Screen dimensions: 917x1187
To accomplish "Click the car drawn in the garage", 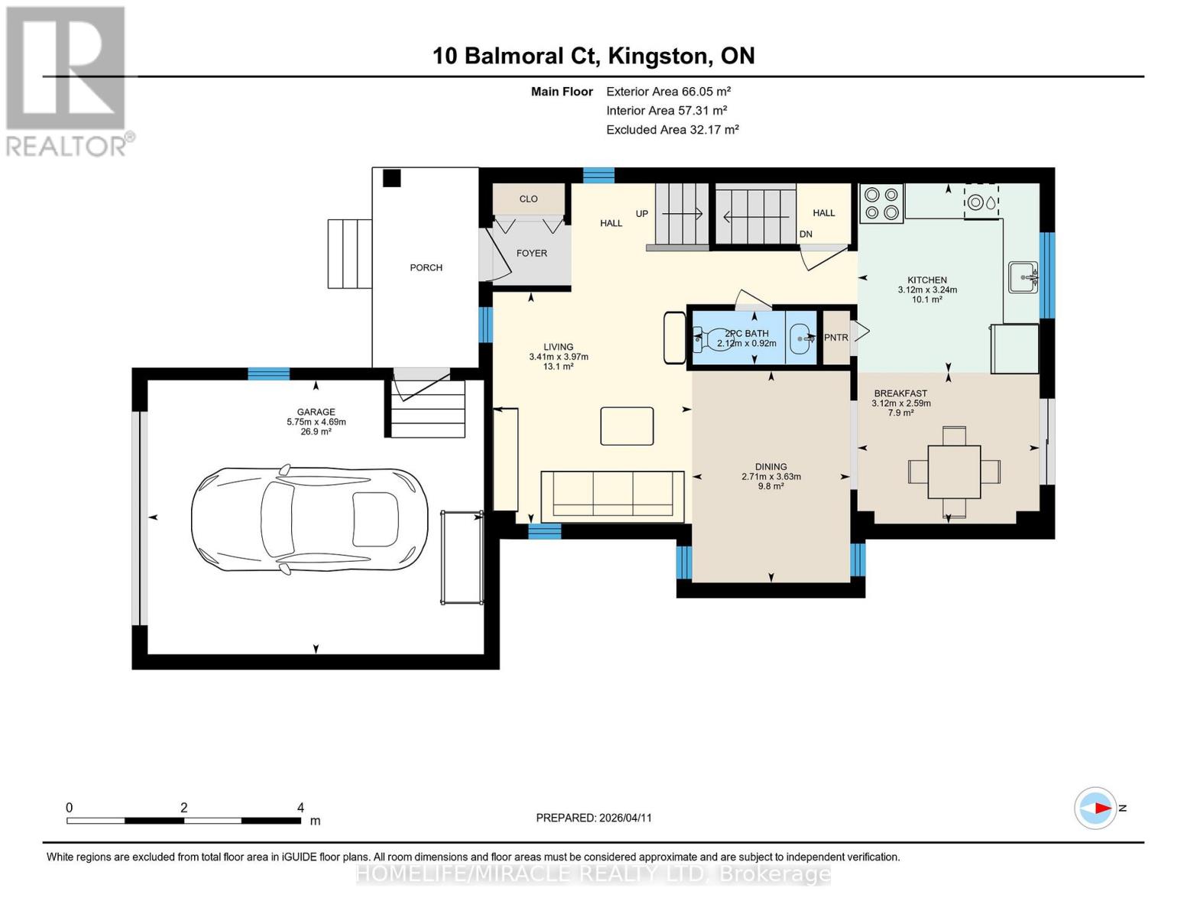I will click(309, 519).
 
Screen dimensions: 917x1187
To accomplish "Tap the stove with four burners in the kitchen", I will click(881, 203).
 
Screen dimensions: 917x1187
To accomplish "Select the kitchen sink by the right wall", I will click(1022, 277).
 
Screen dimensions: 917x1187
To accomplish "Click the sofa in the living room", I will click(611, 496).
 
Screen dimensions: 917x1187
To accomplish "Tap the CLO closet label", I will click(528, 199).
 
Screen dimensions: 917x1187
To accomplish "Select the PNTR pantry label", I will click(836, 337).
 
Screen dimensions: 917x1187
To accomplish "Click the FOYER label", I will click(531, 253).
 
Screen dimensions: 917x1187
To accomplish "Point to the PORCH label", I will click(426, 267).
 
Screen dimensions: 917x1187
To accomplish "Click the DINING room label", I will click(770, 467).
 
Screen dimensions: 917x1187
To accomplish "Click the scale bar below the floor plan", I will click(183, 821).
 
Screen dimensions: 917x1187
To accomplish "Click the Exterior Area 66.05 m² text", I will click(668, 91).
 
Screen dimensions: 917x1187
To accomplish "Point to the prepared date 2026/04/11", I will click(593, 818).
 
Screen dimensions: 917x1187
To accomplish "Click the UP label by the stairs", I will click(641, 214).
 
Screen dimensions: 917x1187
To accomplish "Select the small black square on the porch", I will click(391, 178).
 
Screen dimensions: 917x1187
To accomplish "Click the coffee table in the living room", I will click(627, 426).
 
